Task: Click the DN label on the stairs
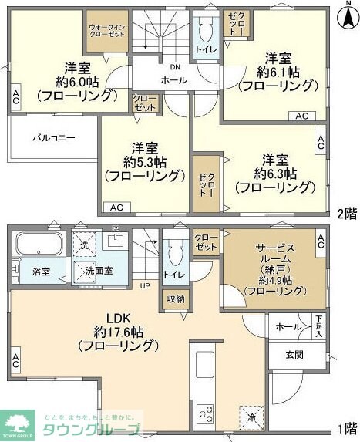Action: pyautogui.click(x=164, y=66)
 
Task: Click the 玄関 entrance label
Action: pyautogui.click(x=293, y=355)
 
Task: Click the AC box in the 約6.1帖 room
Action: pyautogui.click(x=302, y=116)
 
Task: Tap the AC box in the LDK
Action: pyautogui.click(x=15, y=359)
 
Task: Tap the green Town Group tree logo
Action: pyautogui.click(x=19, y=422)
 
